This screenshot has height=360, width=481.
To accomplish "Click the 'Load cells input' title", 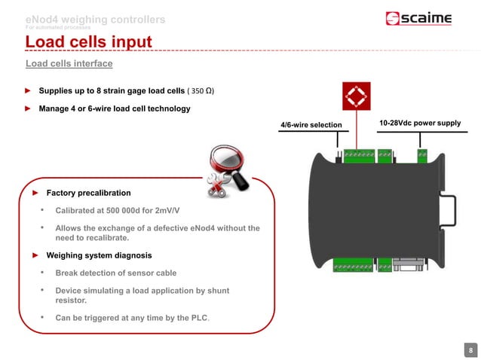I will coord(89,41).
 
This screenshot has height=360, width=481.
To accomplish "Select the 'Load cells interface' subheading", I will coord(69,64).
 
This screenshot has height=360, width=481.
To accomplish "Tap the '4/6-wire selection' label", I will coord(311,124).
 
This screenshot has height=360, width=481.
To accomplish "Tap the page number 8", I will coord(470,349).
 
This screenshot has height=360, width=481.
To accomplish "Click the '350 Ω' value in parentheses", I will coord(201,91).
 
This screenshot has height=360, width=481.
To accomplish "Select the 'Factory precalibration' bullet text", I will coord(88,193).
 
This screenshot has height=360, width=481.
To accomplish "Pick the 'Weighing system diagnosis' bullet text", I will coord(99,255).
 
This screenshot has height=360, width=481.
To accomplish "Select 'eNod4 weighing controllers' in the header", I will coord(96,18).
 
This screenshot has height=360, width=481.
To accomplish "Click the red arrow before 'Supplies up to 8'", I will coord(28,91).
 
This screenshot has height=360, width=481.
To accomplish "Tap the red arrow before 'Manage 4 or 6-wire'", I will coord(28,108).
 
